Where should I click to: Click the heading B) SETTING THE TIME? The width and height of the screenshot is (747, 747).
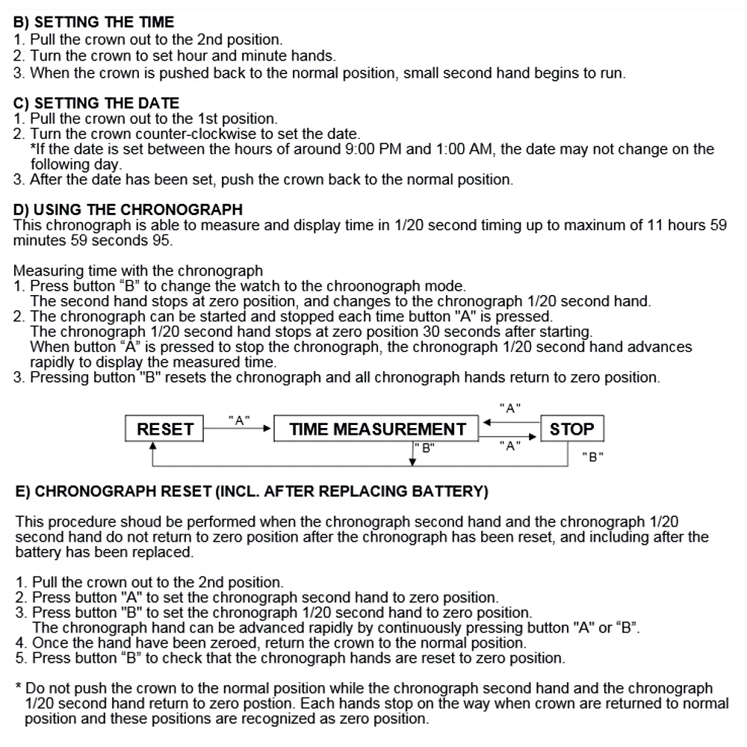point(94,22)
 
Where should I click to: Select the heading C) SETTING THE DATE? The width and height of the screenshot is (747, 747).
point(96,102)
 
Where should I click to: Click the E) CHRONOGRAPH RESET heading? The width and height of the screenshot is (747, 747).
point(252,491)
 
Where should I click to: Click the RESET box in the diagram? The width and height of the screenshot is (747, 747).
point(165,430)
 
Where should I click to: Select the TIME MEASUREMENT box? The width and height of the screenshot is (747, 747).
point(377,430)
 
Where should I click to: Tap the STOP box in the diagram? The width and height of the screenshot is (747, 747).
point(571,430)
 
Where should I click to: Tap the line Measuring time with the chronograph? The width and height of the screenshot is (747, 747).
point(138,270)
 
